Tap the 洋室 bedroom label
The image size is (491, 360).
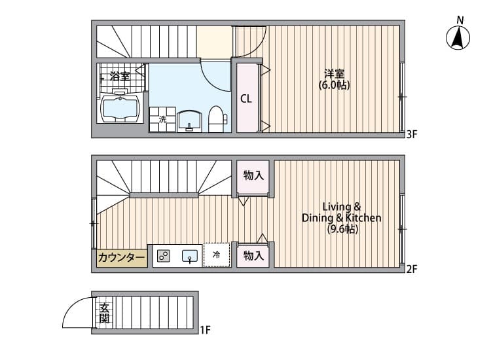point(334,74)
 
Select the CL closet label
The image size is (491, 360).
point(245,99)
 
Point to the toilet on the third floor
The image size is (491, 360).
point(217,119)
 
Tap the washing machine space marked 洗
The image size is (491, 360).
point(162,119)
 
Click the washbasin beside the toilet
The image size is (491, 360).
point(189,121)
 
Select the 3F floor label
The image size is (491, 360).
point(412,135)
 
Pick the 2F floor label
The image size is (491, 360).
point(412,269)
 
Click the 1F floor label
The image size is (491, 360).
point(206,330)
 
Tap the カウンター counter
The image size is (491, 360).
point(122,258)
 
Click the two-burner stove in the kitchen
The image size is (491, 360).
point(164,256)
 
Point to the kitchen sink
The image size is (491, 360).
point(190,256)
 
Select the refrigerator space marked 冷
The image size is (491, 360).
point(217,255)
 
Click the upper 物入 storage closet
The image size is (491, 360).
point(253,176)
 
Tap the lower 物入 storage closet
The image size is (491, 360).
point(253,256)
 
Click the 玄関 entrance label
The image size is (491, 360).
point(104,313)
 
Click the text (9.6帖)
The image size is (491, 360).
point(342,229)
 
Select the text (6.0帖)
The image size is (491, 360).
point(334,85)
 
